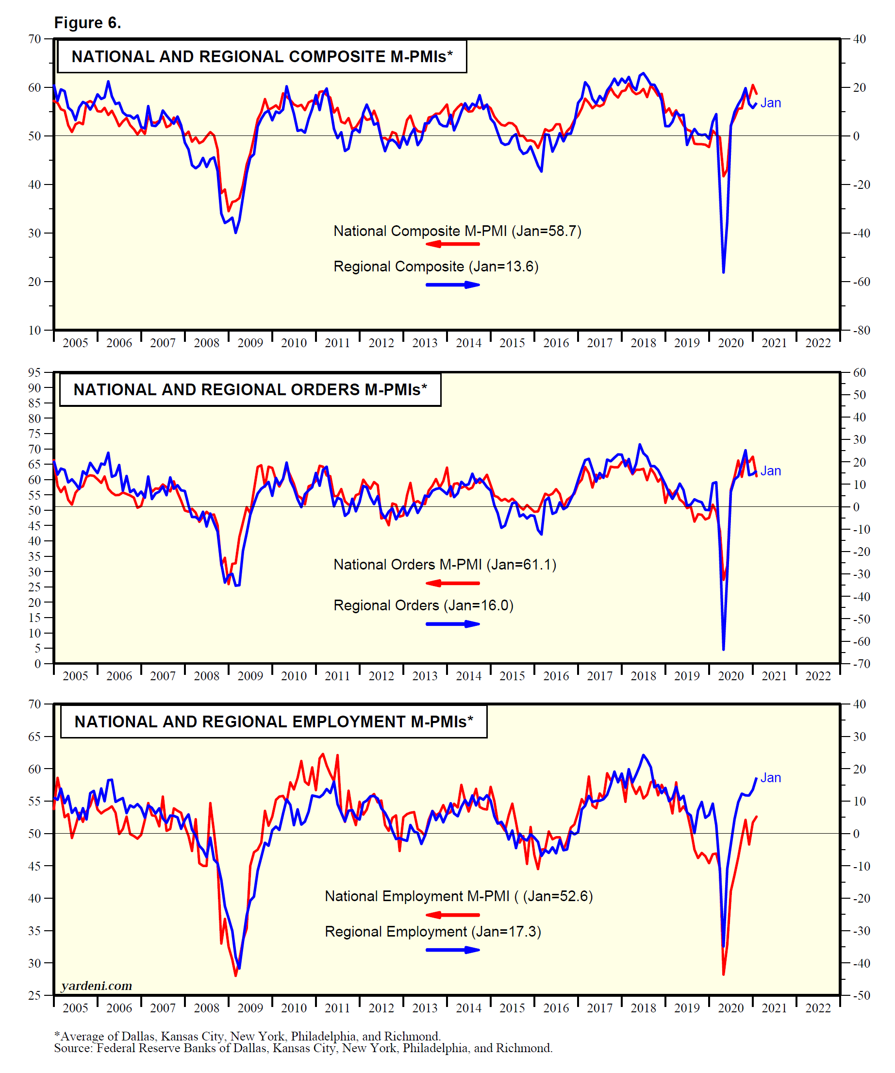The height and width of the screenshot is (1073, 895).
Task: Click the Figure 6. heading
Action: tap(87, 23)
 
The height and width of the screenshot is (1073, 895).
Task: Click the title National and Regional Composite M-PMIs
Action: tap(262, 57)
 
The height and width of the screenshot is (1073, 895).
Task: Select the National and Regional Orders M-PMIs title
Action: tap(250, 390)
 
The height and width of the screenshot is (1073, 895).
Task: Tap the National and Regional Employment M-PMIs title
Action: tap(273, 721)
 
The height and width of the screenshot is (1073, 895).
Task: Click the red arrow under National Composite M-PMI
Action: tap(453, 244)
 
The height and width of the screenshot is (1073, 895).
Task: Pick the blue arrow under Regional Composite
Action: tap(453, 285)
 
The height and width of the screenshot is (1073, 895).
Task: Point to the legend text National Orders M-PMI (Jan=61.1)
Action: tap(445, 565)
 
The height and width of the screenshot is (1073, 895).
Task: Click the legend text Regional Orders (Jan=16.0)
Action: tap(423, 605)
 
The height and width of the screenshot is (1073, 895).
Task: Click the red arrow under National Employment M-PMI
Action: tap(453, 915)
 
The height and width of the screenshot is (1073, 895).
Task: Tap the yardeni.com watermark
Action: tap(97, 986)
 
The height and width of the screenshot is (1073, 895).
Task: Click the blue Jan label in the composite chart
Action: tap(770, 103)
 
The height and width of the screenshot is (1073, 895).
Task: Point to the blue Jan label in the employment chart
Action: tap(770, 778)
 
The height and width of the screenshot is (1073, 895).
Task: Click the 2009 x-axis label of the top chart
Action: tap(250, 343)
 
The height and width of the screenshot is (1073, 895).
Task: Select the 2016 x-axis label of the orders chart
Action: tap(556, 676)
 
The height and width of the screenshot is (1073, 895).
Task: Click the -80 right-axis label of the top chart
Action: tap(862, 330)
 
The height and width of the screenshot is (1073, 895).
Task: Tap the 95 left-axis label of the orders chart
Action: tap(34, 372)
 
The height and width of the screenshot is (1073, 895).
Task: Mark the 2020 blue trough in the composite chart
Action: tap(723, 272)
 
